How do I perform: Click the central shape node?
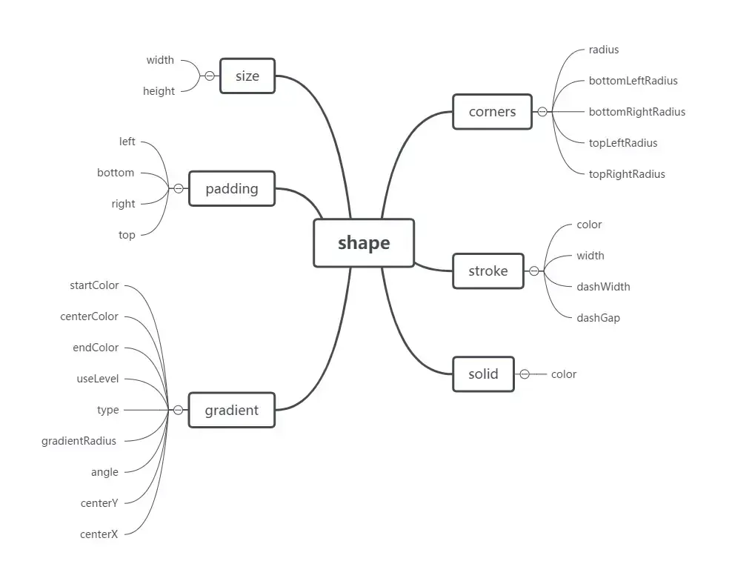pos(364,243)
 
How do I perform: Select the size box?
pos(247,76)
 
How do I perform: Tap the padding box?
pos(232,188)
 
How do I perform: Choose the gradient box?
pos(231,410)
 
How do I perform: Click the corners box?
pos(492,112)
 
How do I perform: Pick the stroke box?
pos(488,271)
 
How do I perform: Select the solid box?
pos(483,374)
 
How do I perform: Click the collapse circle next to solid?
pos(525,374)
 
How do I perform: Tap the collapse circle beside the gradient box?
pos(178,410)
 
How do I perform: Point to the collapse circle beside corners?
pos(542,112)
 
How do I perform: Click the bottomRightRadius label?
pos(636,112)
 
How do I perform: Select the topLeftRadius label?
pos(622,143)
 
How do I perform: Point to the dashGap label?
pos(598,318)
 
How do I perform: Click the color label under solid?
pos(563,374)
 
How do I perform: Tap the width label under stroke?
pos(590,256)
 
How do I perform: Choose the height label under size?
pos(159,91)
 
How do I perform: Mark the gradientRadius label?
pos(79,441)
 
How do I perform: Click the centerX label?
pos(99,534)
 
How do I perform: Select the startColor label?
pos(94,285)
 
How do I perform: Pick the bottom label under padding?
pos(116,173)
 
